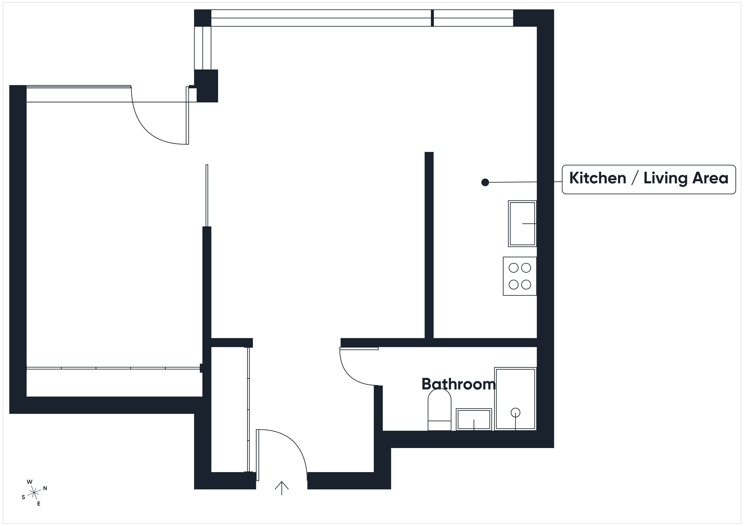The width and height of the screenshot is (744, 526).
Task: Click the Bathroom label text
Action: tap(458, 384)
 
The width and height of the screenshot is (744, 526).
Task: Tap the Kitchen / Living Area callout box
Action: tap(649, 179)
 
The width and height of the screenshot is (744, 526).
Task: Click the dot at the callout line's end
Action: tap(485, 182)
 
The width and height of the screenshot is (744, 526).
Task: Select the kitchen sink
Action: tap(522, 223)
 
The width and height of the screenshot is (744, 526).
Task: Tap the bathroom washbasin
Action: tap(474, 419)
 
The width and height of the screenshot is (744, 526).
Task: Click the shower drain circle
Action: tap(515, 413)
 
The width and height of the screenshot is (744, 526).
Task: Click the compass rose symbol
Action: tap(34, 493)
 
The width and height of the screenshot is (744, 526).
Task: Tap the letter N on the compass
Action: tap(45, 488)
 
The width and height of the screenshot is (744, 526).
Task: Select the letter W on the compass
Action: tap(30, 482)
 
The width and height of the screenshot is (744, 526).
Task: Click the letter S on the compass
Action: tap(23, 497)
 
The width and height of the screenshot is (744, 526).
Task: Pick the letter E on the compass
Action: tap(39, 504)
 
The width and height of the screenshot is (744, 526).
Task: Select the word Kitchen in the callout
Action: tap(597, 178)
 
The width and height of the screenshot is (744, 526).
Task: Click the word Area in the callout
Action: tap(710, 178)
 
